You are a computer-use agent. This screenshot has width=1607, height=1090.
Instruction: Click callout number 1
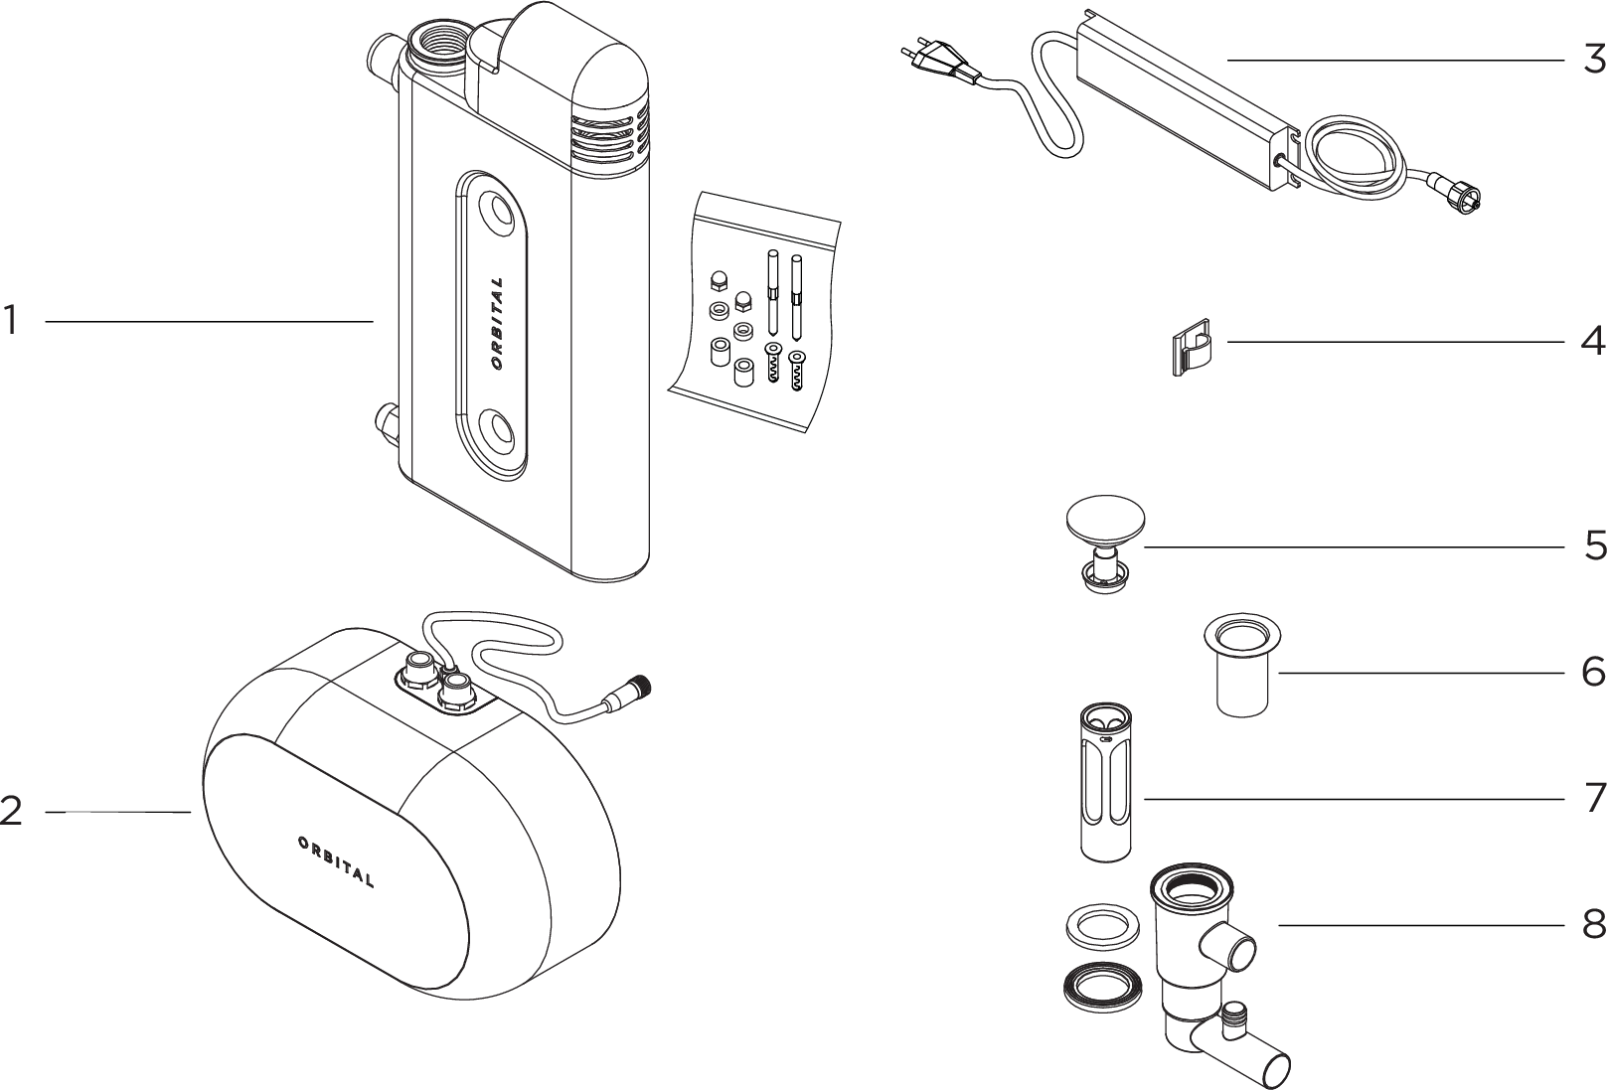point(11,321)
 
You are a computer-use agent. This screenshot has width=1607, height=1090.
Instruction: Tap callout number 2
point(11,812)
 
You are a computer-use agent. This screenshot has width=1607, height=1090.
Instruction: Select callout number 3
point(1594,60)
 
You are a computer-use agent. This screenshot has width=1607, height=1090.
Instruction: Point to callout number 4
point(1594,342)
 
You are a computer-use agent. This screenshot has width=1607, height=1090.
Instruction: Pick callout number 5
point(1594,545)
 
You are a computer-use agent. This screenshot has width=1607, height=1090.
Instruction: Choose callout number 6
point(1594,673)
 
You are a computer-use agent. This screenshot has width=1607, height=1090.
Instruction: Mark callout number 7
point(1594,798)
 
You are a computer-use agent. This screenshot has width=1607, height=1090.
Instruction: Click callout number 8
point(1594,925)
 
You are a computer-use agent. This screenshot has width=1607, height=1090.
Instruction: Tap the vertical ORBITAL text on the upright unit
point(496,324)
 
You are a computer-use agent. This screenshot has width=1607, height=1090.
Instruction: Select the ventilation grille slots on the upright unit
point(607,137)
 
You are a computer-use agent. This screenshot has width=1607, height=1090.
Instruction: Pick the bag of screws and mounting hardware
point(755,312)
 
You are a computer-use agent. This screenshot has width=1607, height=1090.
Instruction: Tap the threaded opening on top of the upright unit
point(435,47)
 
